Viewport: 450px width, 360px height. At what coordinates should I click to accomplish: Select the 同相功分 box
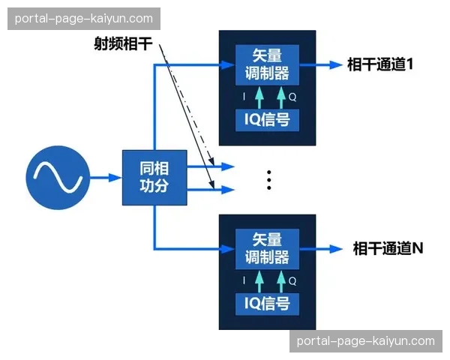(154, 178)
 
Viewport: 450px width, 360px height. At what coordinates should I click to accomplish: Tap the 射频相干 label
(123, 45)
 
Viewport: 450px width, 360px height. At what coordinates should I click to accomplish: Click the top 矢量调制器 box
(267, 64)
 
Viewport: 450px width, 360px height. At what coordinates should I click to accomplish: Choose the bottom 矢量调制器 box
(267, 248)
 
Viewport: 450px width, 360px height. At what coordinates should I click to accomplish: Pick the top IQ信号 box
(267, 118)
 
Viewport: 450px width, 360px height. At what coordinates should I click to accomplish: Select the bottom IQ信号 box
(267, 303)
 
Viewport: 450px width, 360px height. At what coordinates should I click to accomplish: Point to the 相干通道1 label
(381, 64)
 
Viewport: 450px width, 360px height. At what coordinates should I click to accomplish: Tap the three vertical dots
(268, 179)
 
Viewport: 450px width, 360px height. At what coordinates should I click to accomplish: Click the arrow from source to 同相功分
(106, 178)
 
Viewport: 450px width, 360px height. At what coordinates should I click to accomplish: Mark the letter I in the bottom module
(243, 280)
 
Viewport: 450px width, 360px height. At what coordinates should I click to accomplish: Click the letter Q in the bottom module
(292, 280)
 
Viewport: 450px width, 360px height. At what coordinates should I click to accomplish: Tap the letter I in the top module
(243, 97)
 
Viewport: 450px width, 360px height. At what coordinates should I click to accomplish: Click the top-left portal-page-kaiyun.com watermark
(83, 19)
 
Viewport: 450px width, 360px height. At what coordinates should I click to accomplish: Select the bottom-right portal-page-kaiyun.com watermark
(365, 340)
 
